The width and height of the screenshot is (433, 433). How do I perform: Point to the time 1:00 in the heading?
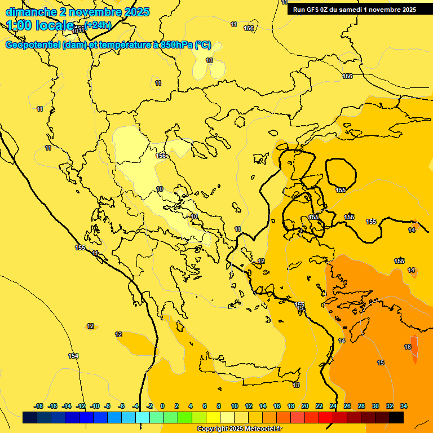[x=19, y=25]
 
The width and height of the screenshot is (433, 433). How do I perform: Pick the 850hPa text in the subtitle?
[x=175, y=45]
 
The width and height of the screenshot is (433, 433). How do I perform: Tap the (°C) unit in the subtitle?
[x=203, y=45]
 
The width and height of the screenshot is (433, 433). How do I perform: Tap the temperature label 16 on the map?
[x=408, y=347]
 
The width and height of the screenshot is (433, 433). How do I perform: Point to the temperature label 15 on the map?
[x=381, y=363]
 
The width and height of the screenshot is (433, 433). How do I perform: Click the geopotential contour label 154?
[x=73, y=356]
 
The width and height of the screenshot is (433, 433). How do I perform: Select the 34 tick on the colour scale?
[x=404, y=406]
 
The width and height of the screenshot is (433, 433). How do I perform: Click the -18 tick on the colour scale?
[x=38, y=406]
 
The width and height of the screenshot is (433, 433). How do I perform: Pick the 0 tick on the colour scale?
[x=162, y=406]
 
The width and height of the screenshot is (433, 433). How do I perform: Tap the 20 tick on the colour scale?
[x=305, y=406]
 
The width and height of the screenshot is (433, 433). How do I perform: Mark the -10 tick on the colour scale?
[x=95, y=406]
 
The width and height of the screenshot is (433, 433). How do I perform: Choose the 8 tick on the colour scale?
[x=219, y=406]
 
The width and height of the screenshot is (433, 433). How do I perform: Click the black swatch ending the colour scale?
[x=396, y=418]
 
